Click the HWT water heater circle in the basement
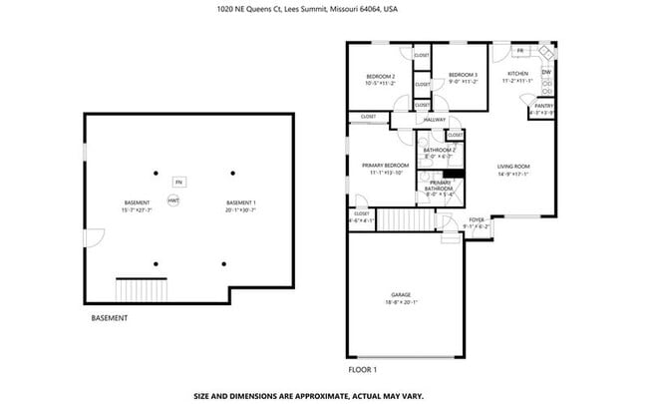pyautogui.click(x=172, y=201)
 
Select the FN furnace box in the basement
pyautogui.click(x=178, y=183)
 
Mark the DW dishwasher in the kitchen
pyautogui.click(x=546, y=73)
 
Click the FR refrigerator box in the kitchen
pyautogui.click(x=520, y=50)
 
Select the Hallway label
pyautogui.click(x=435, y=120)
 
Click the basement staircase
pyautogui.click(x=137, y=289)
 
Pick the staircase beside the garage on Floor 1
pyautogui.click(x=408, y=219)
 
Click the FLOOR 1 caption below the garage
pyautogui.click(x=362, y=368)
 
